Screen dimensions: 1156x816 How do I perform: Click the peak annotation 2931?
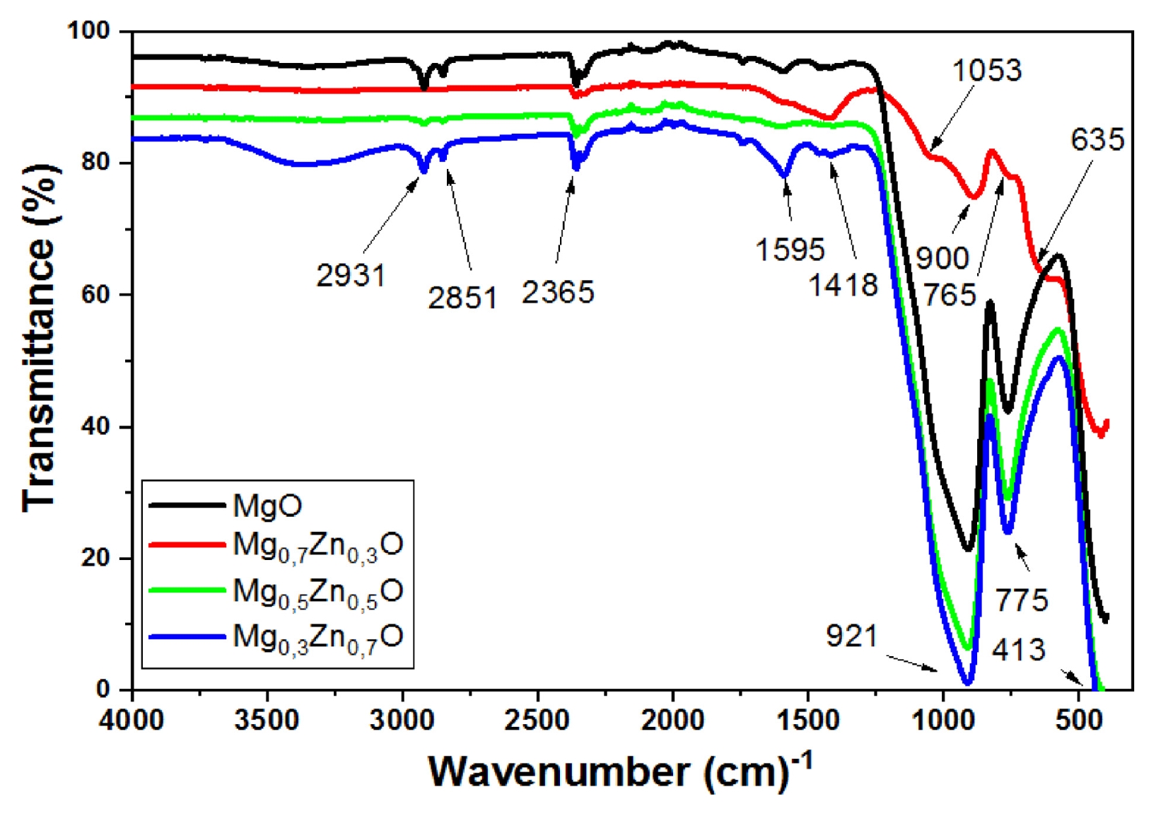tap(351, 275)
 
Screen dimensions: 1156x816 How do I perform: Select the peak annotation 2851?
tap(462, 298)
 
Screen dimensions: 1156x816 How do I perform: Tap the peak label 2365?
tap(558, 292)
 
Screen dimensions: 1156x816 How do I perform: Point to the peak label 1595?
tap(790, 250)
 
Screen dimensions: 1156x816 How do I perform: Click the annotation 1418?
tap(843, 284)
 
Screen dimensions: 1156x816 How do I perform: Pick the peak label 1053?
tap(987, 70)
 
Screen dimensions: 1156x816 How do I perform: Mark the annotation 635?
tap(1097, 139)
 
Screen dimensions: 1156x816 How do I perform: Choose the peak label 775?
tap(1022, 600)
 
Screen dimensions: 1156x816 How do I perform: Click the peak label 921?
tap(852, 636)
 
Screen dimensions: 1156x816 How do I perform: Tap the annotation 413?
tap(1018, 650)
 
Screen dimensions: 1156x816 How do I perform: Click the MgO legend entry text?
tap(267, 506)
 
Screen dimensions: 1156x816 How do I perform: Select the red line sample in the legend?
tap(187, 545)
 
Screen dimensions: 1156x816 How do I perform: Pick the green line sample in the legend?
tap(187, 590)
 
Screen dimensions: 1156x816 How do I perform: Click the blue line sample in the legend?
tap(187, 636)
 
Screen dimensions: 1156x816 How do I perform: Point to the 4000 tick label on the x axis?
tap(132, 720)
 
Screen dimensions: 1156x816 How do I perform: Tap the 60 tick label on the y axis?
tap(95, 295)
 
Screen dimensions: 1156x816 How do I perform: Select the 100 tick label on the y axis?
tap(89, 31)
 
